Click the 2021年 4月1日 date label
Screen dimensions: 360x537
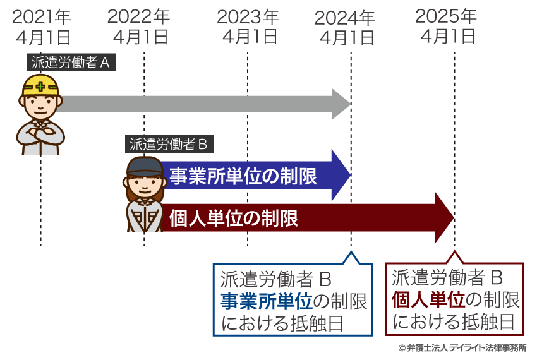(42, 27)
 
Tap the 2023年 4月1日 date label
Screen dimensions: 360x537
(248, 27)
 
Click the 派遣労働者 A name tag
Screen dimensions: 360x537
(71, 63)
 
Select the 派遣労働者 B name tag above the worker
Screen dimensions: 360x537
(169, 144)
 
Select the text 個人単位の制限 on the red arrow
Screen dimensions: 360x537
(233, 219)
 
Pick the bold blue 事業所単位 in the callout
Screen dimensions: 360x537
(266, 301)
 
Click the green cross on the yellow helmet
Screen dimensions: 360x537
(41, 85)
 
